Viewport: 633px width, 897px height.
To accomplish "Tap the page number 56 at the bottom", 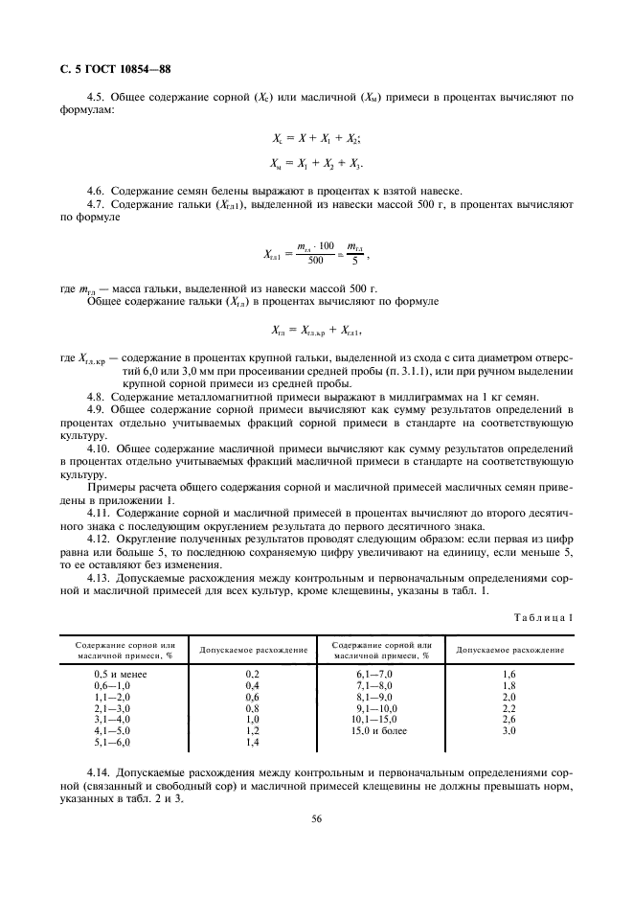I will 315,818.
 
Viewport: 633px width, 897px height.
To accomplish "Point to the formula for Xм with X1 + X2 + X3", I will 316,163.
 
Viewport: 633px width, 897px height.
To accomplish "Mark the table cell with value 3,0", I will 509,731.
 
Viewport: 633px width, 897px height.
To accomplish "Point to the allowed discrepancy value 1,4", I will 253,743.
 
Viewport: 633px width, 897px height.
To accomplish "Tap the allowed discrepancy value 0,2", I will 253,675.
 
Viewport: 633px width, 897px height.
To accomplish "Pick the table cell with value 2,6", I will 509,720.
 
